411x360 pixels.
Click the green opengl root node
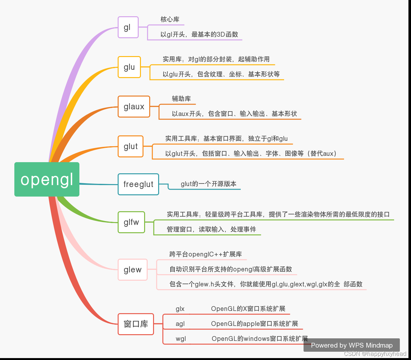point(47,179)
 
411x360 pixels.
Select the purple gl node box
point(128,27)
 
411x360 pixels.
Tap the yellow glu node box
point(129,67)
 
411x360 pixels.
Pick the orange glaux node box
point(134,106)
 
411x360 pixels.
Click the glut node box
point(130,146)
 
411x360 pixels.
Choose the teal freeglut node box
point(138,184)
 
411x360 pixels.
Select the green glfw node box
point(131,222)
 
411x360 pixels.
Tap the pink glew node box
point(133,270)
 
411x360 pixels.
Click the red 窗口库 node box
point(136,324)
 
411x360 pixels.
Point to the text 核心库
point(170,19)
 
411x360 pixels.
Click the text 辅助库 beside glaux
point(181,99)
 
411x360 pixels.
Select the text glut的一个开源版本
point(209,184)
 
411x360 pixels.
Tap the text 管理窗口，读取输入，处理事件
point(211,229)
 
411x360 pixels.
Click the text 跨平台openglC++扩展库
point(206,254)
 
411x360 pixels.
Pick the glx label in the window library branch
point(180,309)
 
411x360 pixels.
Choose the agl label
point(180,324)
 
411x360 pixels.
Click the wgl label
point(181,339)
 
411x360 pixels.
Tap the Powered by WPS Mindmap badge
point(352,345)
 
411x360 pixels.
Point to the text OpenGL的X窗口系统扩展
point(248,309)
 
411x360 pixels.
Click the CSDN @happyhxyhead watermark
point(375,354)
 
